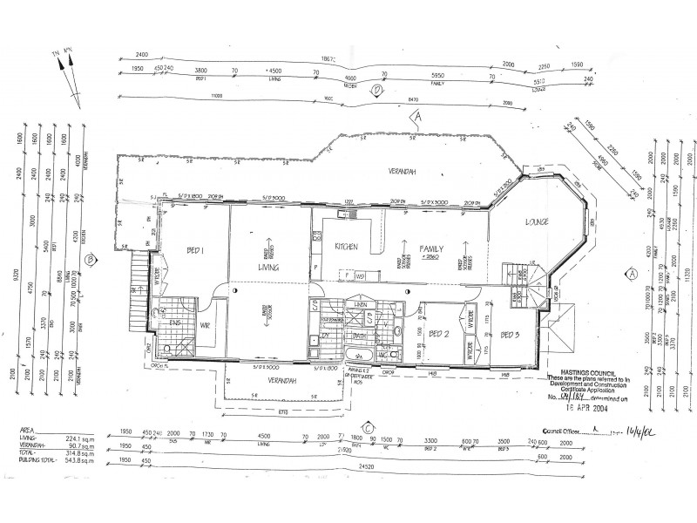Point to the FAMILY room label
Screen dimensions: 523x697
pos(433,248)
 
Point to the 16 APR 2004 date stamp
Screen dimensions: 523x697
pos(585,406)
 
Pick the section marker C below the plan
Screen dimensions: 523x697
pos(369,426)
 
